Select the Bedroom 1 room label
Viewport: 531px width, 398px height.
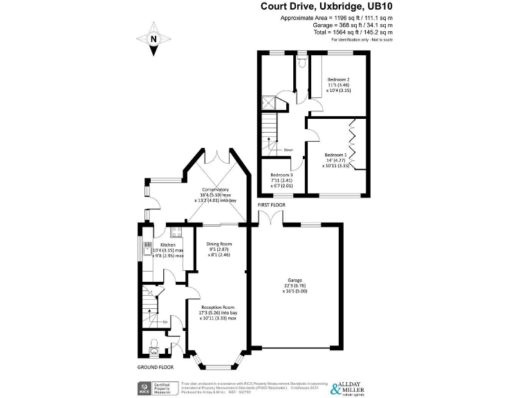click(335, 154)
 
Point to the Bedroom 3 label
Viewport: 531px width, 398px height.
click(281, 176)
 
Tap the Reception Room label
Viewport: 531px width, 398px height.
click(218, 307)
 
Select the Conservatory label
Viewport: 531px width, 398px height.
click(215, 189)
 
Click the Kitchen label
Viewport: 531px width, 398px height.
click(168, 245)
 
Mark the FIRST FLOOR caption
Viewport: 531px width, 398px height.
click(272, 205)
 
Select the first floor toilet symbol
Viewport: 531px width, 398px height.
click(301, 64)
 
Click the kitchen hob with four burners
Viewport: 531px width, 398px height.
click(176, 231)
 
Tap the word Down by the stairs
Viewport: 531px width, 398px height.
click(288, 149)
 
